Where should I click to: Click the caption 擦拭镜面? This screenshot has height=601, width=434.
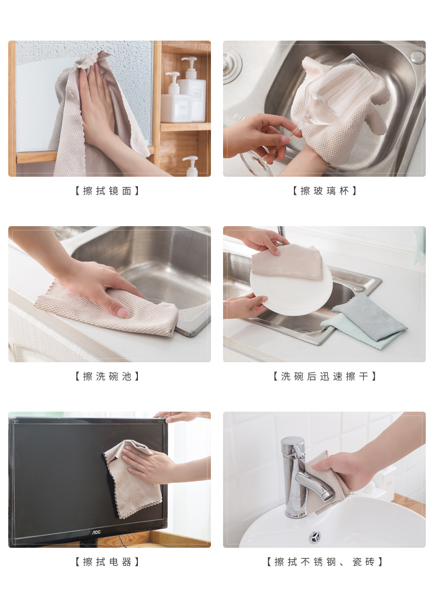click(x=107, y=190)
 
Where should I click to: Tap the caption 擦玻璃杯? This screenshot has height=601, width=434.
click(x=325, y=190)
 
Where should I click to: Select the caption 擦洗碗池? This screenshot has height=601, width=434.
click(x=107, y=376)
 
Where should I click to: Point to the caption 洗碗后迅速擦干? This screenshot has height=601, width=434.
click(x=325, y=376)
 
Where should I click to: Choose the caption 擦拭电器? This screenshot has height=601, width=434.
click(x=107, y=561)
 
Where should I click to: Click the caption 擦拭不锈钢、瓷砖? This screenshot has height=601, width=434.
click(x=325, y=561)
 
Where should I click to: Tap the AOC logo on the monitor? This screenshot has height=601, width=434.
click(x=96, y=532)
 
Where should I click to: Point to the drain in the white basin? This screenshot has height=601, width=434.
click(x=315, y=537)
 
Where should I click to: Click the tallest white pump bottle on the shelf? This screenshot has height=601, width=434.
click(x=192, y=89)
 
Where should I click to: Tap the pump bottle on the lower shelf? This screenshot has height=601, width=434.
click(x=191, y=166)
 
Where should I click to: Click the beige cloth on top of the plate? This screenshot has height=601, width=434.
click(x=288, y=262)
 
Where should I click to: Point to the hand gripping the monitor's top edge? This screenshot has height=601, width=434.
click(x=180, y=416)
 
